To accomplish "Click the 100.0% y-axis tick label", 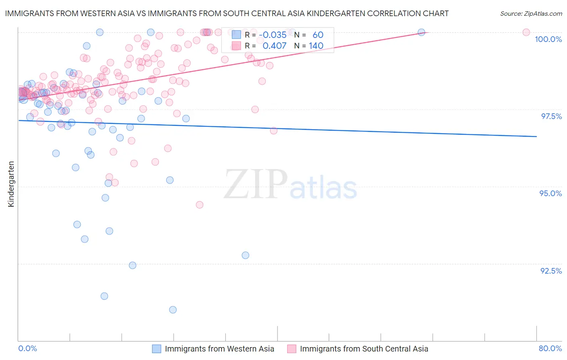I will point(548,39).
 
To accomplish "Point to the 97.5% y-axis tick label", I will point(551,116).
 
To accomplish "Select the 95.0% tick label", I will point(550,193).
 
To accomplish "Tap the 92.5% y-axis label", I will point(551,271).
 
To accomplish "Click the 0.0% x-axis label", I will point(27,348).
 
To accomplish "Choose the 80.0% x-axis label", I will point(550,348).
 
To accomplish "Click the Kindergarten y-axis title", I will point(11,184).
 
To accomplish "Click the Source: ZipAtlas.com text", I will point(531,14).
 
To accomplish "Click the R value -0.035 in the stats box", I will point(273,35).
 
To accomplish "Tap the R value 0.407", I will point(274,46).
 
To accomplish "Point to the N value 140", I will point(316,46).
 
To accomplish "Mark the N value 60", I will point(318,35).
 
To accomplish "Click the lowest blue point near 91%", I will point(173,310).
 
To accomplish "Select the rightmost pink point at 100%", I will point(526,32).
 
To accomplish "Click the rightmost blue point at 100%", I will point(421,32).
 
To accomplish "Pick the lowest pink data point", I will point(199,205).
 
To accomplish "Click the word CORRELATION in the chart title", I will point(393,14).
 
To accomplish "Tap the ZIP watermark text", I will point(256,184).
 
